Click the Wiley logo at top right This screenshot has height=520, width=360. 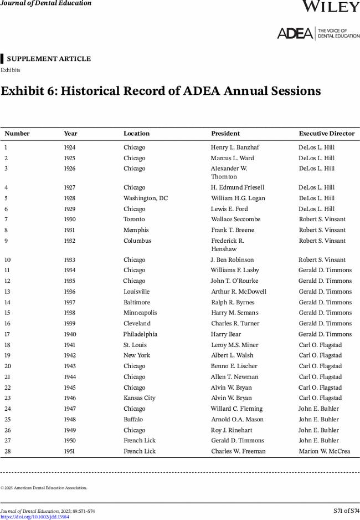[x=331, y=6]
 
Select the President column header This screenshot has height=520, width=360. [x=225, y=134]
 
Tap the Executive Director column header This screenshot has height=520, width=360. [x=327, y=134]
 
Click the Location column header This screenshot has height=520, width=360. [x=136, y=134]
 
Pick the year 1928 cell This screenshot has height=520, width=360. [x=70, y=198]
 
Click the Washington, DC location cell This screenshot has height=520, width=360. [x=146, y=198]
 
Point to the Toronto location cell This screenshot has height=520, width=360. [x=134, y=220]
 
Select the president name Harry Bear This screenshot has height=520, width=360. [x=226, y=334]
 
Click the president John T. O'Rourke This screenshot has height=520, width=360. [x=235, y=281]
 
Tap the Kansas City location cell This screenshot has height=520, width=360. [x=140, y=398]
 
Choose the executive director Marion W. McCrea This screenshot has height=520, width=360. [x=325, y=451]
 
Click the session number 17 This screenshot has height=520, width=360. [x=7, y=334]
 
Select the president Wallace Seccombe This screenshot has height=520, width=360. [x=235, y=220]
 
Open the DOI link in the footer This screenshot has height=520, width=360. [x=35, y=517]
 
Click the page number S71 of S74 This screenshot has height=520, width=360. [x=346, y=511]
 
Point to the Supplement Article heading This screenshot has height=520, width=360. [x=49, y=59]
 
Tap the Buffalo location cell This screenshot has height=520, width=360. [x=133, y=420]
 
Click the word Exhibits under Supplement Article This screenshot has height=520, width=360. [x=11, y=70]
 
